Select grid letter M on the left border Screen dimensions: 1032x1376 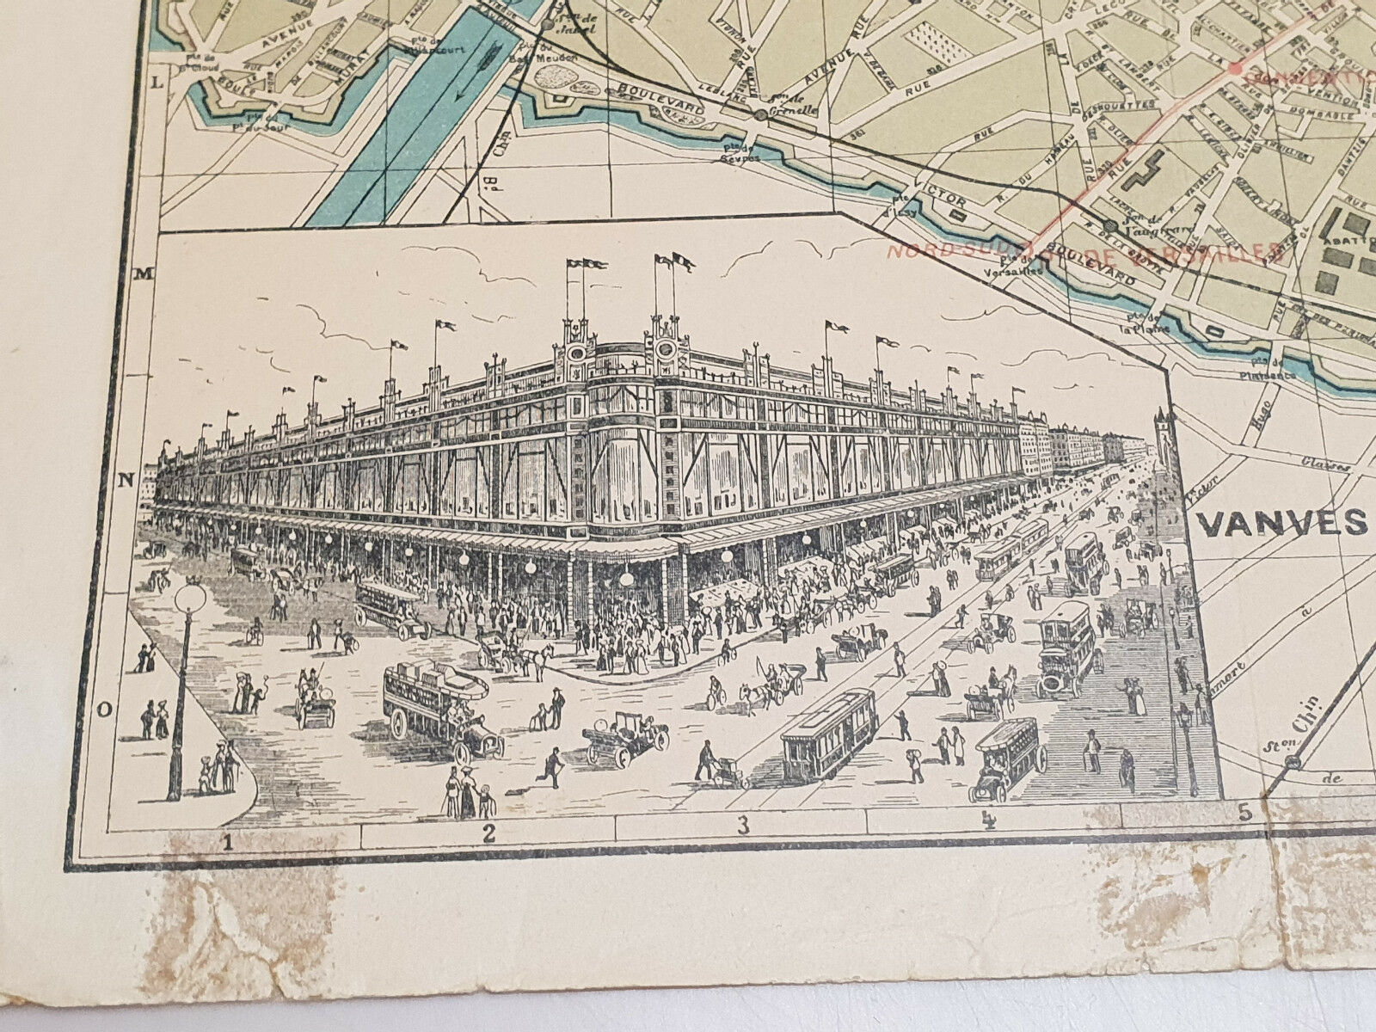pyautogui.click(x=144, y=273)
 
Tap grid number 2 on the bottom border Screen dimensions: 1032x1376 pyautogui.click(x=489, y=832)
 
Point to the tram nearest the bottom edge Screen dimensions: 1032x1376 pyautogui.click(x=829, y=735)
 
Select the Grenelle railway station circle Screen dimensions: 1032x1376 pyautogui.click(x=760, y=114)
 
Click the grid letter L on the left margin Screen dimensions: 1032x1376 pyautogui.click(x=157, y=83)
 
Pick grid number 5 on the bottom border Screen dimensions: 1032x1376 pyautogui.click(x=1244, y=810)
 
